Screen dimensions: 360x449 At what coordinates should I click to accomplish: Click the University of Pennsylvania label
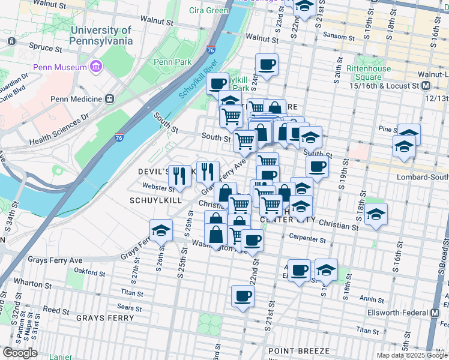tap(101, 35)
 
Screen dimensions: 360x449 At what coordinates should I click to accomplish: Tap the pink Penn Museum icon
tap(94, 67)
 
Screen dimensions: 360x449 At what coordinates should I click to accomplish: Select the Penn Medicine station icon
tap(109, 98)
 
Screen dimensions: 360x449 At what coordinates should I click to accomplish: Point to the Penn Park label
tap(172, 62)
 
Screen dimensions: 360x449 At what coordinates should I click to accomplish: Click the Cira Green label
tap(208, 10)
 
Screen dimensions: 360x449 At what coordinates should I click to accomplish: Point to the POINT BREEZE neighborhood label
tap(298, 350)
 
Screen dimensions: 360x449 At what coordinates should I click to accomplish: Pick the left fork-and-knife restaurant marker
tap(179, 175)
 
